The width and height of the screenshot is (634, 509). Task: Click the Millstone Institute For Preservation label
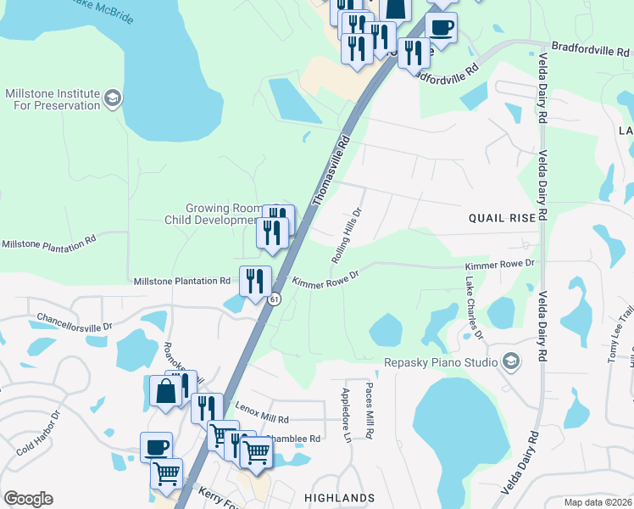point(53,99)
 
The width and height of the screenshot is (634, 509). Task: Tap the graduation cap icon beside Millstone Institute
point(111,99)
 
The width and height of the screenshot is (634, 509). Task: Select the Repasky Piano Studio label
point(452,362)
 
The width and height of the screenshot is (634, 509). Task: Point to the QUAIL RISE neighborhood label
point(503,218)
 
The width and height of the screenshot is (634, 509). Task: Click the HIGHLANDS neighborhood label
point(340,498)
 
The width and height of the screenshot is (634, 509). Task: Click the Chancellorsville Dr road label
point(75,322)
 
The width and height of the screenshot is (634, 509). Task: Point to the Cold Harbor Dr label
point(39,432)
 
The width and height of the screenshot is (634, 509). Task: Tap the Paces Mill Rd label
point(369,409)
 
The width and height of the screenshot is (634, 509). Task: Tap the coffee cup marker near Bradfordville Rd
point(441,28)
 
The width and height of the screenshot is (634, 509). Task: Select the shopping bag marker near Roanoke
point(164,391)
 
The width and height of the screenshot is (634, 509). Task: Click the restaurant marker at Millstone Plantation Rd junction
point(255,281)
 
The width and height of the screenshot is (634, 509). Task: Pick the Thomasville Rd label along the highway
point(331,168)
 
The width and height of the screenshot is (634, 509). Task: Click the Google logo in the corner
point(28,499)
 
